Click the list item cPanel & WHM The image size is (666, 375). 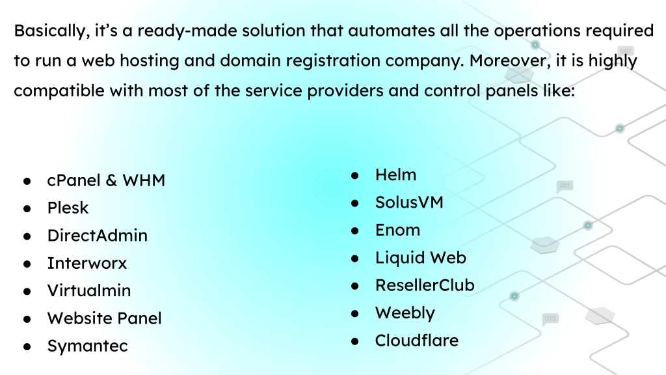click(x=106, y=180)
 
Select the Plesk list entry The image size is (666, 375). click(x=68, y=208)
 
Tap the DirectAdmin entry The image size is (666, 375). click(x=98, y=236)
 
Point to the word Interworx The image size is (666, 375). click(x=87, y=263)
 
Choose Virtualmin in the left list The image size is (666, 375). click(x=89, y=291)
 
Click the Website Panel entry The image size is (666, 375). click(x=105, y=318)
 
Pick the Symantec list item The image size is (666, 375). click(x=88, y=346)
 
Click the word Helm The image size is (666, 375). click(x=396, y=174)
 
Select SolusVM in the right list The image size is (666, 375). click(x=410, y=202)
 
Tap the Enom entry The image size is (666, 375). click(x=398, y=230)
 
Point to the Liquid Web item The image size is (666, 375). click(x=421, y=258)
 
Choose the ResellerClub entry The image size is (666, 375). click(x=425, y=285)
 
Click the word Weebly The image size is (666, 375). click(x=405, y=313)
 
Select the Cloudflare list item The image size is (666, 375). click(x=417, y=340)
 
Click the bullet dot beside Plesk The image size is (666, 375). click(x=27, y=209)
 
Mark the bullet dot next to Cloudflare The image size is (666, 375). click(x=355, y=341)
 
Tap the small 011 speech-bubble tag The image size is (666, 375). click(x=565, y=186)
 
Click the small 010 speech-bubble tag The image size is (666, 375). click(x=550, y=319)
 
